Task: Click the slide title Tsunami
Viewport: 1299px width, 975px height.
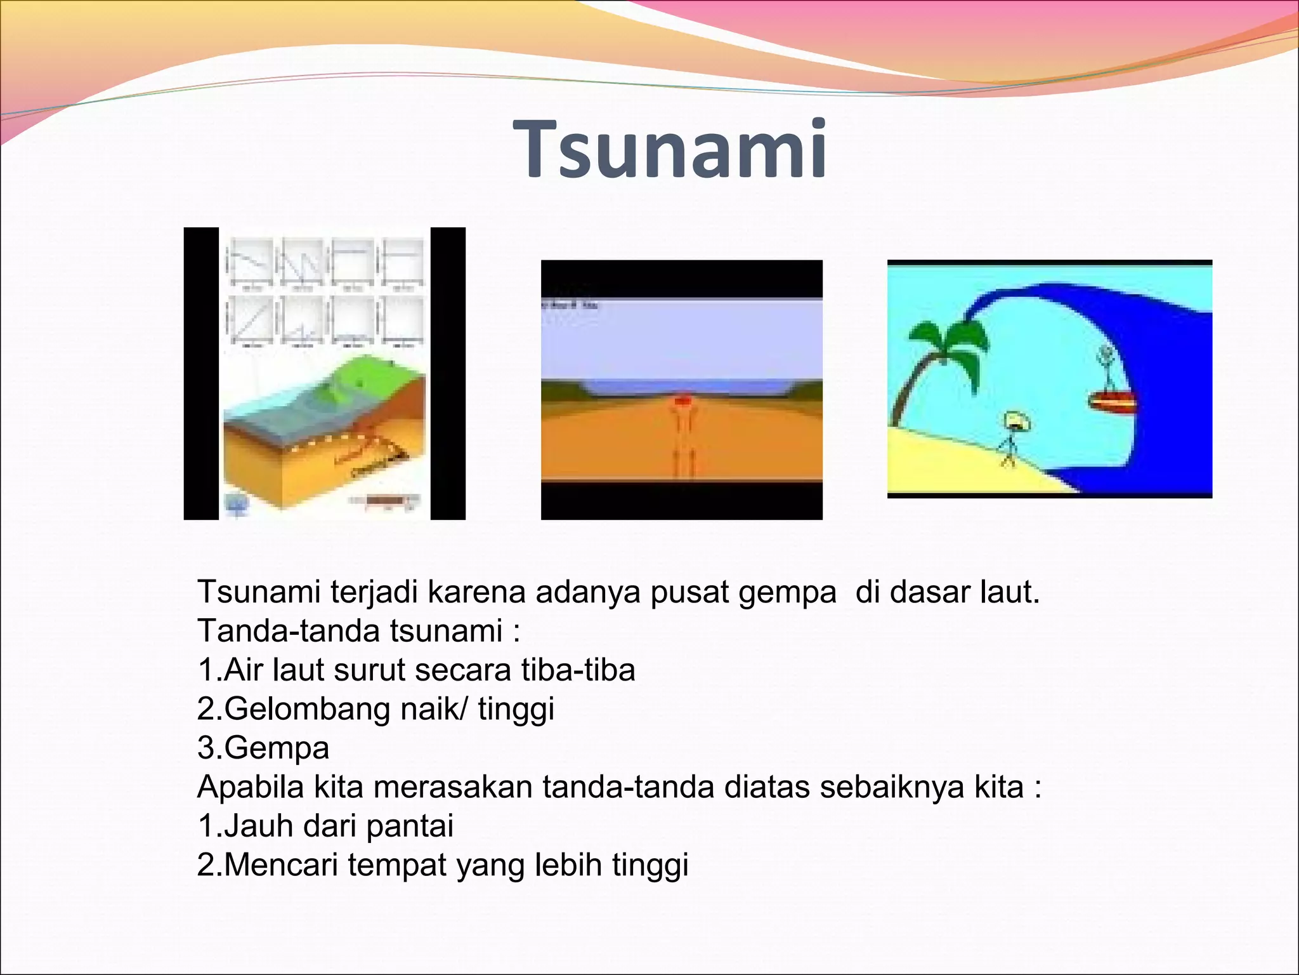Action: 672,150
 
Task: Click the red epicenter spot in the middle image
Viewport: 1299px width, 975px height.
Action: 682,401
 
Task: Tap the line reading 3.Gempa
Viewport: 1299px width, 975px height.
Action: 263,748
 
